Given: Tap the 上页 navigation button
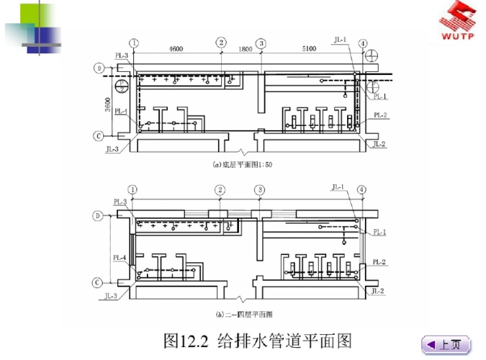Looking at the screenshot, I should click(444, 345).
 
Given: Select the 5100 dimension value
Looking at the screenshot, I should click(308, 49).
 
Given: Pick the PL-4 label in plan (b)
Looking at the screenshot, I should click(120, 257).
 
